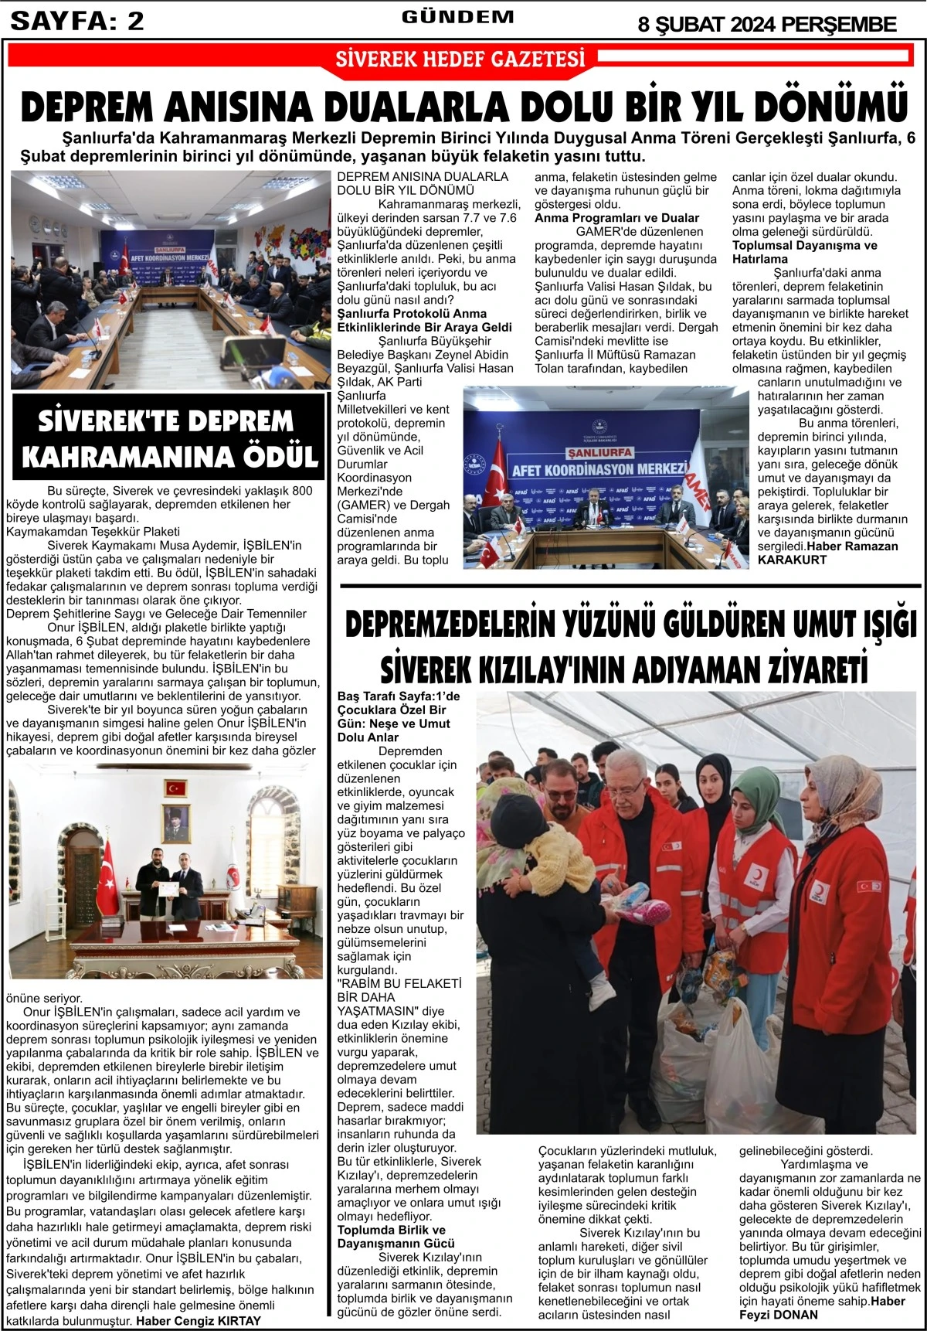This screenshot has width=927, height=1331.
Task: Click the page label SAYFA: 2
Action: click(x=77, y=21)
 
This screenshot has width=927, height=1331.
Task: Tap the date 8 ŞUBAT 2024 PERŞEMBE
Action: click(x=766, y=25)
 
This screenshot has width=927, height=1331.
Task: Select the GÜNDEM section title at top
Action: click(x=457, y=17)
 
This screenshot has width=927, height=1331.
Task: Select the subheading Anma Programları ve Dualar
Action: click(x=616, y=218)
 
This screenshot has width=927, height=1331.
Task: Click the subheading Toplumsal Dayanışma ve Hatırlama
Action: click(x=804, y=252)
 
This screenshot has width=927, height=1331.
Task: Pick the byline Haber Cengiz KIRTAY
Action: click(x=199, y=1321)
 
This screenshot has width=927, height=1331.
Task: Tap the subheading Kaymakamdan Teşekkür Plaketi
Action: click(x=93, y=532)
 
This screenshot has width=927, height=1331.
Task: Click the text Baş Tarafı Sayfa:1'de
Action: click(x=399, y=696)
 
